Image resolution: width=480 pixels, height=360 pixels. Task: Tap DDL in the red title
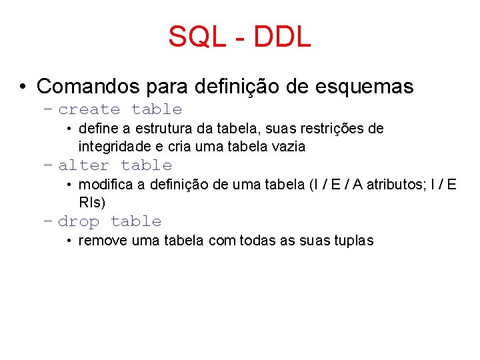[x=282, y=37]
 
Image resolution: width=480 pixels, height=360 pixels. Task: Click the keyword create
[x=89, y=110]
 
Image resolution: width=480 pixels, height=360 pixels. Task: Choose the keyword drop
[x=79, y=222]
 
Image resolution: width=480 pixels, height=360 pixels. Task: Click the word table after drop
[x=136, y=222]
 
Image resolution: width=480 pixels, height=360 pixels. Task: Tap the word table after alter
[x=146, y=166]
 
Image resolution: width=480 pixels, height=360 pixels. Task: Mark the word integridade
[x=112, y=147]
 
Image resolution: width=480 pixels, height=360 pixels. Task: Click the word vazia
[x=291, y=147]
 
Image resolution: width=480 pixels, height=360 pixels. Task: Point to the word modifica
[x=105, y=184]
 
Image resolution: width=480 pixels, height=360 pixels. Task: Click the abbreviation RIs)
[x=92, y=203]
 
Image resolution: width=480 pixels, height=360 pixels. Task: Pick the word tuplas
[x=353, y=240]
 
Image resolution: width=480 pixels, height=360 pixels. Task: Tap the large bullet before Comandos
[x=23, y=87]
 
